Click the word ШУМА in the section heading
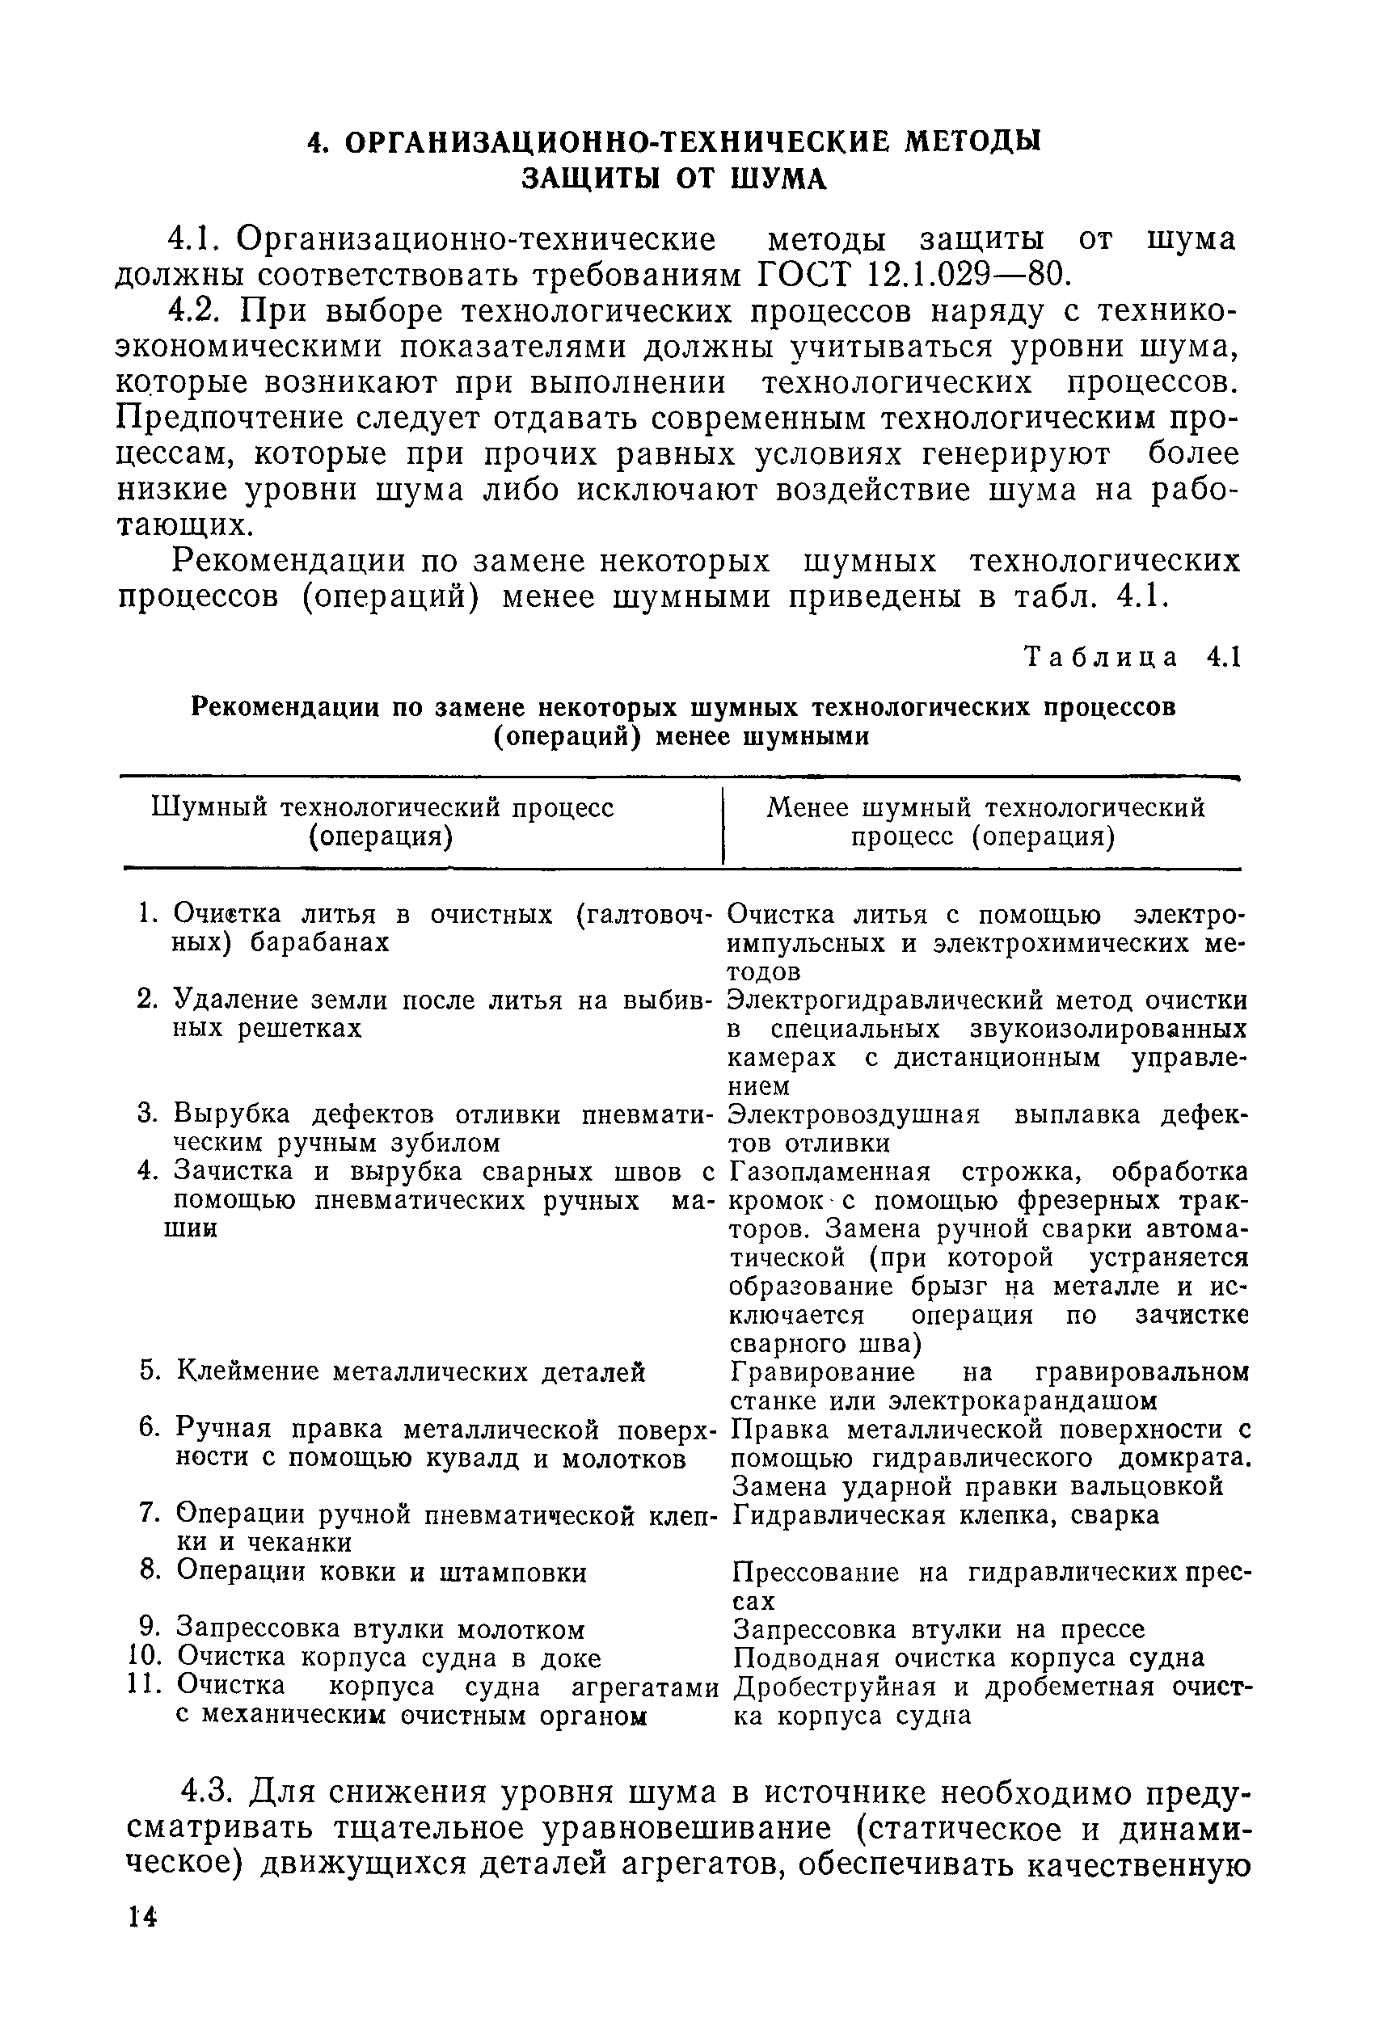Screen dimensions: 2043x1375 [x=778, y=179]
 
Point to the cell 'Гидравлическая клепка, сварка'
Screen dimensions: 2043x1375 [x=945, y=1515]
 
